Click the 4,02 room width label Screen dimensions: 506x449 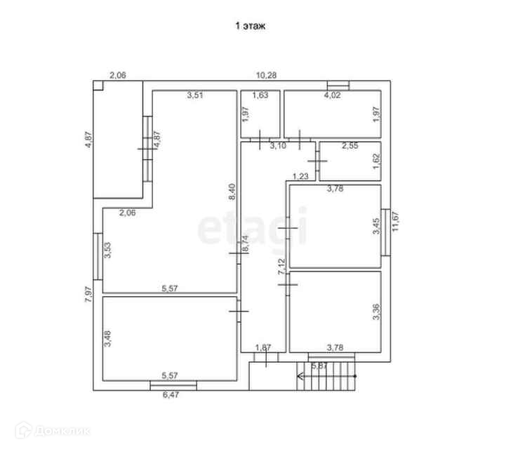[332, 96]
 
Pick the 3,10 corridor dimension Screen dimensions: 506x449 [278, 145]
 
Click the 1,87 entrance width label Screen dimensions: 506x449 [263, 347]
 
